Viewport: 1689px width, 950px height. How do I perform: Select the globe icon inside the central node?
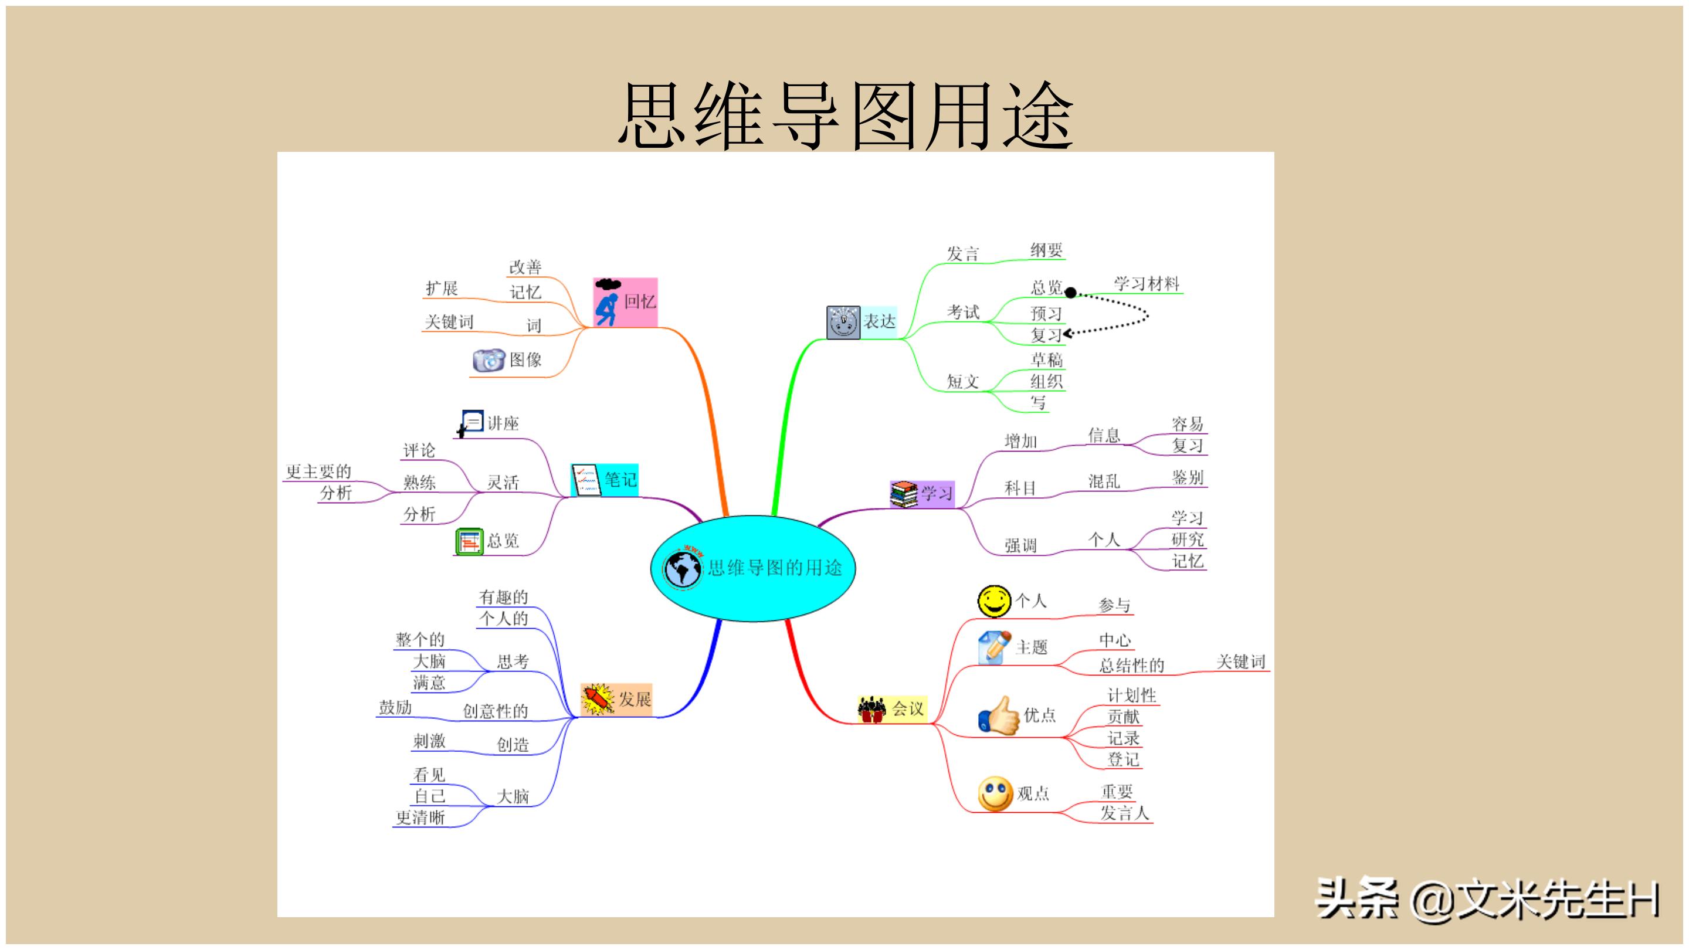(x=683, y=568)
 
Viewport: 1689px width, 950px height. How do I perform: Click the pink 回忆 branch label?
(x=639, y=301)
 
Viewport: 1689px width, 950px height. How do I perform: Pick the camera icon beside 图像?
(x=488, y=360)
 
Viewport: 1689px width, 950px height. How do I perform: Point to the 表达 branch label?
(x=879, y=321)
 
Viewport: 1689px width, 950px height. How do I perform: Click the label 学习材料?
(x=1146, y=284)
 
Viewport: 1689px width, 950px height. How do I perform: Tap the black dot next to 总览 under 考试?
(x=1070, y=293)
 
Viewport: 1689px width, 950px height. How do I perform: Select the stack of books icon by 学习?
(x=904, y=494)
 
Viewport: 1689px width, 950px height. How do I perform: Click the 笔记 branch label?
(x=620, y=479)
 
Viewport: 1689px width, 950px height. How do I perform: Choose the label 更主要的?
(x=318, y=471)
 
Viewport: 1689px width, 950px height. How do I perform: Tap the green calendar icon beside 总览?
(x=469, y=541)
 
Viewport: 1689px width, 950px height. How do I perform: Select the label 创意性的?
(x=495, y=711)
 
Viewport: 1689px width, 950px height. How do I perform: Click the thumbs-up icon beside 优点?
(x=999, y=716)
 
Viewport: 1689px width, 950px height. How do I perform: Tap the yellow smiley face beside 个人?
(x=994, y=601)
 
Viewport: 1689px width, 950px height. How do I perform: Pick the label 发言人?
(x=1124, y=813)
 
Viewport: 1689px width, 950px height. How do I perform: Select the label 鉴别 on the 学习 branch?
(x=1188, y=477)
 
